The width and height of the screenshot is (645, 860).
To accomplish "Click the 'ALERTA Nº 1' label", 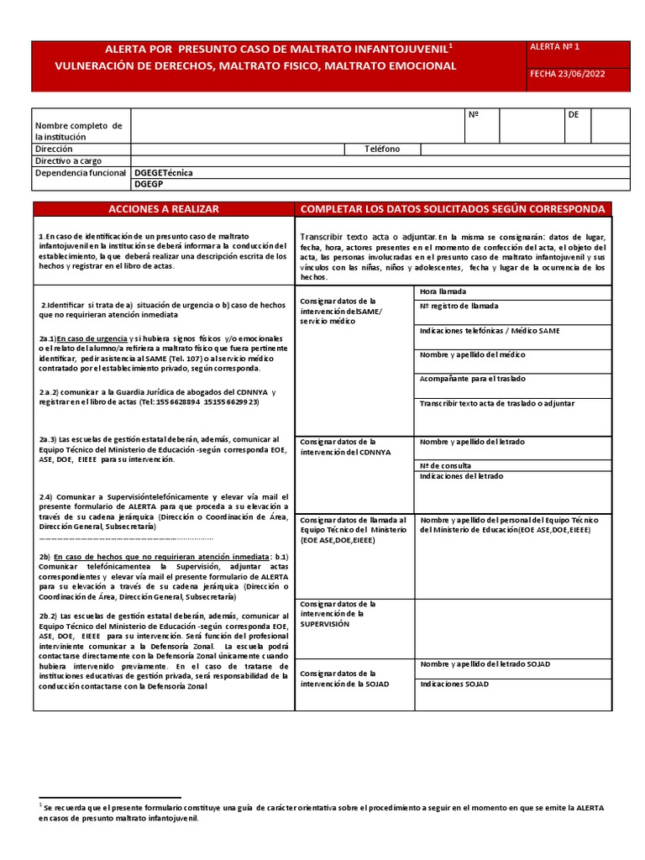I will coord(555,48).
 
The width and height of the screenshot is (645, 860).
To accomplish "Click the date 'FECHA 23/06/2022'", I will coord(567,74).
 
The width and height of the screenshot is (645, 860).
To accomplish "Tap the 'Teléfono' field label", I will coord(382,149).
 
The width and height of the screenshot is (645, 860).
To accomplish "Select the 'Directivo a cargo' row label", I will coord(68,160).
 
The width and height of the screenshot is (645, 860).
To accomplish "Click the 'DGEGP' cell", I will coord(149,183).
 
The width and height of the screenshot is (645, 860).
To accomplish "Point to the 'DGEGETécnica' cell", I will coord(164,172).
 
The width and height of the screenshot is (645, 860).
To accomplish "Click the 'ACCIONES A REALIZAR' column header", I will coord(164,208).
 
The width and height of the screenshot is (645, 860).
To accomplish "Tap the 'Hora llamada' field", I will coord(442,291).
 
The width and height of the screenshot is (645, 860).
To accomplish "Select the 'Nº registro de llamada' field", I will coord(459,307).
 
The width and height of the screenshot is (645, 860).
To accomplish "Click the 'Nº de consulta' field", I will coord(445,465).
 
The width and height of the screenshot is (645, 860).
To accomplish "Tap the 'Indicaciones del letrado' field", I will coord(462,476).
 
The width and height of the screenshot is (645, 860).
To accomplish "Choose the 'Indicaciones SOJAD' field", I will coord(454,684).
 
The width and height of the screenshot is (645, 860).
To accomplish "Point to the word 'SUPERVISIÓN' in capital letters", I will coord(324,625).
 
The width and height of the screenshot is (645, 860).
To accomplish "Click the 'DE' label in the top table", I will coord(574,114).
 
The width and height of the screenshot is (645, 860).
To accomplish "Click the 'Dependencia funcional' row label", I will coord(80,172).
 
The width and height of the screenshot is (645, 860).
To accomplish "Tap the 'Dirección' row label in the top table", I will coord(54,149).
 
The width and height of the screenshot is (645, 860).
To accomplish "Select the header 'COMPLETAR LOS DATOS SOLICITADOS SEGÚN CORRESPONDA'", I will coord(452,208).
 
